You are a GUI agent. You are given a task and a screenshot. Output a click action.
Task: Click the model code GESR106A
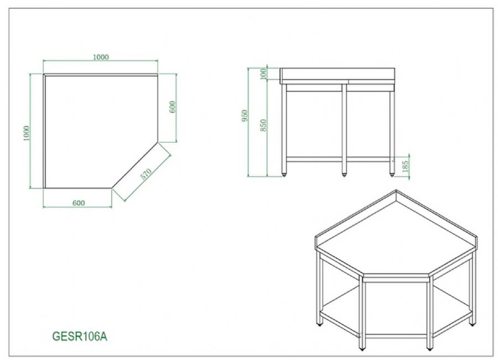pyautogui.click(x=79, y=336)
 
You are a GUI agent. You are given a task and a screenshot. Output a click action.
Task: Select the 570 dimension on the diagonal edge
pyautogui.click(x=146, y=174)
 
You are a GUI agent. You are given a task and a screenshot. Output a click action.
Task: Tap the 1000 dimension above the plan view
pyautogui.click(x=101, y=57)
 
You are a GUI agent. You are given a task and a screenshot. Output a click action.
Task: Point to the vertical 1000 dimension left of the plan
pyautogui.click(x=27, y=133)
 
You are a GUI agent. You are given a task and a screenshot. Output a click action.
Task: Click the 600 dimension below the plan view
pyautogui.click(x=79, y=203)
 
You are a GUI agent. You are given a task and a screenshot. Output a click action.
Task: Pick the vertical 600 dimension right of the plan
pyautogui.click(x=173, y=107)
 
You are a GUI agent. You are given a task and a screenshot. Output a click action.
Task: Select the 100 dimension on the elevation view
pyautogui.click(x=263, y=74)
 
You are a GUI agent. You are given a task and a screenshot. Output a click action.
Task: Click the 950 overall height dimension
pyautogui.click(x=245, y=116)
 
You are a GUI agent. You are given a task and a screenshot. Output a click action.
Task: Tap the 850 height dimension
pyautogui.click(x=263, y=126)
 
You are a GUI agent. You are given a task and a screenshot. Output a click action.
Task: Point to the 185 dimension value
pyautogui.click(x=405, y=166)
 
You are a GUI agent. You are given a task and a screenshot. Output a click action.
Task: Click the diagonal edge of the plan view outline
pyautogui.click(x=134, y=165)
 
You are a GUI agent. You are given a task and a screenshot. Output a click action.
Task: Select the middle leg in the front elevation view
pyautogui.click(x=344, y=128)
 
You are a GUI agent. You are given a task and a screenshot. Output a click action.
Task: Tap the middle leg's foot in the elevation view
pyautogui.click(x=344, y=174)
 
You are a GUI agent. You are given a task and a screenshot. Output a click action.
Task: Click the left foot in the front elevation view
pyautogui.click(x=284, y=174)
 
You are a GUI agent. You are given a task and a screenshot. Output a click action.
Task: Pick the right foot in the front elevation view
pyautogui.click(x=391, y=174)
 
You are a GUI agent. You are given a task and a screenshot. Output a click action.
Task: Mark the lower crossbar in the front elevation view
pyautogui.click(x=338, y=159)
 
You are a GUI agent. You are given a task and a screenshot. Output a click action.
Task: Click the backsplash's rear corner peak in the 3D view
pyautogui.click(x=396, y=190)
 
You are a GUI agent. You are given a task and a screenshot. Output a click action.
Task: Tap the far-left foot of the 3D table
pyautogui.click(x=319, y=324)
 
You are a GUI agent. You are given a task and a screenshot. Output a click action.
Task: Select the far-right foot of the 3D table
pyautogui.click(x=471, y=324)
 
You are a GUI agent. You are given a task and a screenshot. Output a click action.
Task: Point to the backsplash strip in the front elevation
pyautogui.click(x=338, y=74)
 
